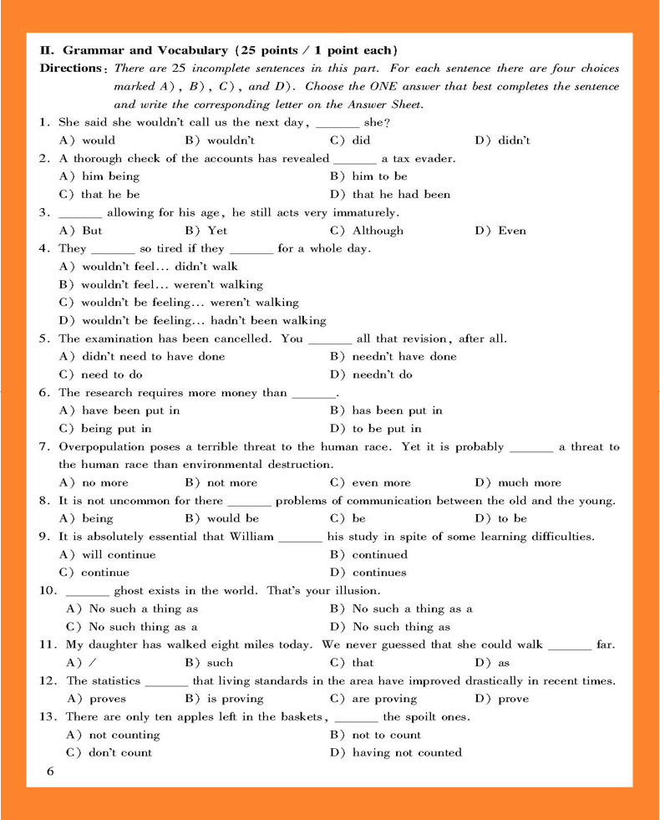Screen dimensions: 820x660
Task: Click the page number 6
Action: tap(50, 772)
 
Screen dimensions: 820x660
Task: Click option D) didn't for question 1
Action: tap(502, 140)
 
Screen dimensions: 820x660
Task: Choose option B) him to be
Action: tap(368, 176)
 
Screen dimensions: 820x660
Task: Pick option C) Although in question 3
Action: tap(367, 231)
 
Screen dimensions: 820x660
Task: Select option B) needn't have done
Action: tap(393, 356)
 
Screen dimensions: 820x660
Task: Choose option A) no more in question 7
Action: tap(94, 482)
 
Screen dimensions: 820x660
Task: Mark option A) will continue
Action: tap(108, 554)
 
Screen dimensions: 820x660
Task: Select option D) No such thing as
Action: tap(390, 627)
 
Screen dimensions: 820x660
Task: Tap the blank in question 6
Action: tap(313, 394)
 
